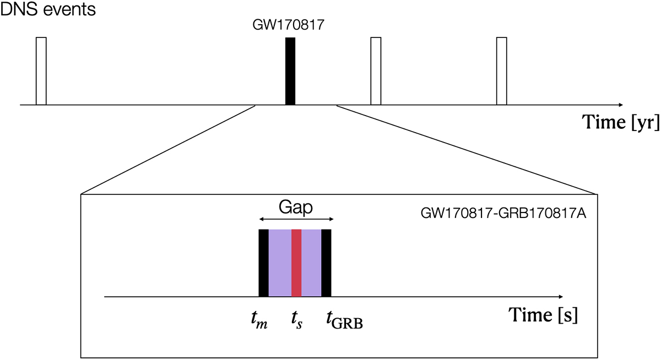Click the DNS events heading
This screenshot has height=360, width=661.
click(48, 9)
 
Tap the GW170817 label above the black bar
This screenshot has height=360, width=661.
click(290, 26)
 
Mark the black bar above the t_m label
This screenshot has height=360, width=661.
click(264, 263)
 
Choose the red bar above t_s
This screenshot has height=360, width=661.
click(296, 263)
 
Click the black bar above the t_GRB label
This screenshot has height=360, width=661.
click(327, 263)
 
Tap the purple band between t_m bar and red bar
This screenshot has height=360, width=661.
click(280, 263)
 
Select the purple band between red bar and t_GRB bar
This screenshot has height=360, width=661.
click(311, 263)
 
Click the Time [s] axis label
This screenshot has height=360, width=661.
click(543, 315)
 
